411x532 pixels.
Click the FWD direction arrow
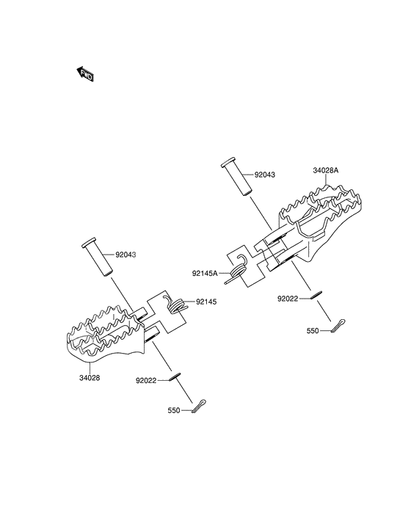tap(84, 74)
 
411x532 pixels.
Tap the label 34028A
tap(325, 171)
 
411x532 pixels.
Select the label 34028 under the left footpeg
tap(90, 378)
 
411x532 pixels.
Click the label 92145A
tap(205, 273)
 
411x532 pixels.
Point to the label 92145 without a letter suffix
tap(206, 302)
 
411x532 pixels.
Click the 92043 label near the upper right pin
tap(265, 175)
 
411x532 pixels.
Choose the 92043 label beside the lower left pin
tap(126, 255)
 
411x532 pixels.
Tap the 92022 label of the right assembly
tap(288, 299)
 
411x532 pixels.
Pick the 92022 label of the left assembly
tap(146, 381)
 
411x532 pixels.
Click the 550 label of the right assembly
tap(313, 331)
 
